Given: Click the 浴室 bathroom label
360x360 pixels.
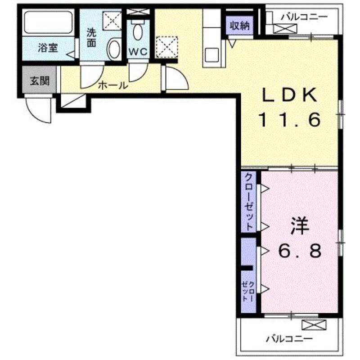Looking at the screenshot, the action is tap(48, 48).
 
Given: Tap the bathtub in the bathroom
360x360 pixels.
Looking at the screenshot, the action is tap(49, 22).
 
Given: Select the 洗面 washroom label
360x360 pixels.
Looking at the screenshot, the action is tap(91, 38).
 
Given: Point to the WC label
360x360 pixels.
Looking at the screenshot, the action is tap(138, 52).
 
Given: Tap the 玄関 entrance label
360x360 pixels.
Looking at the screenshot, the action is tap(40, 81).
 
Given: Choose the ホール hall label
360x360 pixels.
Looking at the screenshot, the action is tap(113, 85).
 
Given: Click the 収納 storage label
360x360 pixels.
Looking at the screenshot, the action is tap(240, 26).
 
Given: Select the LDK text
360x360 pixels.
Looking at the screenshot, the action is tap(290, 95).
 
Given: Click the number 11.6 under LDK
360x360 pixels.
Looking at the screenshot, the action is tap(290, 120).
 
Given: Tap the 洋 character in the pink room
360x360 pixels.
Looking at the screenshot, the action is tap(300, 226).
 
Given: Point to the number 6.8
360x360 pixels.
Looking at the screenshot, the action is tap(300, 251).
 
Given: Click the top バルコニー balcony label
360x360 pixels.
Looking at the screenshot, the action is tap(305, 17).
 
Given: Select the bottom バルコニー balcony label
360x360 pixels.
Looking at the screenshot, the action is tap(289, 339).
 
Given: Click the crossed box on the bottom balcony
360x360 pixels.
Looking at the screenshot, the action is tap(314, 325).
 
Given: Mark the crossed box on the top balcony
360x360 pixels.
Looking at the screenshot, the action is tap(285, 29).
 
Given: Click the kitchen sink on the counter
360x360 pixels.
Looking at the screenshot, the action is tap(212, 55).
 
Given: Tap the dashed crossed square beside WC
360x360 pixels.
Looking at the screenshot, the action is tap(166, 47).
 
